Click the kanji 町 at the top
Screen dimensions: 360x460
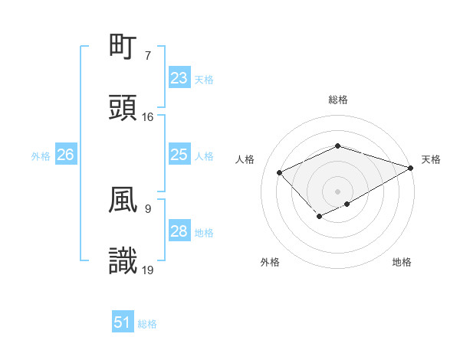[x=123, y=47]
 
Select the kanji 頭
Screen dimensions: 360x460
[x=123, y=109]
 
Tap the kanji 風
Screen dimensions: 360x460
[x=123, y=200]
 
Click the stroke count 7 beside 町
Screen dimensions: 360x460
[x=148, y=56]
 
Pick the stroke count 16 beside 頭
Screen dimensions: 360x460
[x=148, y=117]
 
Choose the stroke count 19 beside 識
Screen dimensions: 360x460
[x=148, y=270]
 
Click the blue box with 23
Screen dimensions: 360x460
[x=179, y=78]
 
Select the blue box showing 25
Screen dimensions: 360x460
[x=179, y=155]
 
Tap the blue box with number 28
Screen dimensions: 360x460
[x=179, y=231]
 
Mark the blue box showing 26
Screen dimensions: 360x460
[x=65, y=155]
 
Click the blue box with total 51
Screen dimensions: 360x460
[x=123, y=322]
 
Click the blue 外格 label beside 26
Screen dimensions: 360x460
[x=41, y=155]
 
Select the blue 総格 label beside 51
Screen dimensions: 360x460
[x=147, y=323]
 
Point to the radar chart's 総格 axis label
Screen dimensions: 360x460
[x=337, y=100]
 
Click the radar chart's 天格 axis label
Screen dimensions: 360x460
[x=431, y=159]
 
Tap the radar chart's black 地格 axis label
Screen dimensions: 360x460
[x=402, y=262]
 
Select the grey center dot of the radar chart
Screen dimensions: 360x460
[x=337, y=191]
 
